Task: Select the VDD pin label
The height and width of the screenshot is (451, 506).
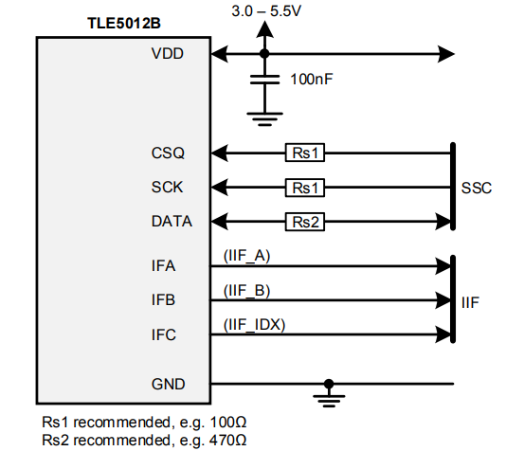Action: point(168,53)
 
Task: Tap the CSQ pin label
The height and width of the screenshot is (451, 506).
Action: point(168,152)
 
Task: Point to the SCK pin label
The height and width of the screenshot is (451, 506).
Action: point(168,187)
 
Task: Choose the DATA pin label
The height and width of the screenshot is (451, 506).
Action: point(172,222)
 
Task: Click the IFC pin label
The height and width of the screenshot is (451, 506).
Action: point(164,335)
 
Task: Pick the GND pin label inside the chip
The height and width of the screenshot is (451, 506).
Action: point(168,384)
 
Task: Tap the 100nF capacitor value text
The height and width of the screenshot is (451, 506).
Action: point(311,80)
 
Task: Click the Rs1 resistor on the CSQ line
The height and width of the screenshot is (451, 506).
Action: point(304,152)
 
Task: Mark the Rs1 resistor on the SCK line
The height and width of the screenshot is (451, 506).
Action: point(304,187)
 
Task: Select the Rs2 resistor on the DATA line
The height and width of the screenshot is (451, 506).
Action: point(304,222)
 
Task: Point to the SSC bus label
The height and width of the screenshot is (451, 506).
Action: point(476,188)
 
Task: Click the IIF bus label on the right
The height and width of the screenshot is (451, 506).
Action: point(470,302)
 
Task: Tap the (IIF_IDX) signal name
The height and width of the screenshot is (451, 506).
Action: point(254,324)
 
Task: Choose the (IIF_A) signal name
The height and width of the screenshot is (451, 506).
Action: point(246,255)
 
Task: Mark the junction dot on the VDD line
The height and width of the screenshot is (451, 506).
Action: point(264,53)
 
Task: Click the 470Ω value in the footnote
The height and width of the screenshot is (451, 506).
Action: point(227,441)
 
